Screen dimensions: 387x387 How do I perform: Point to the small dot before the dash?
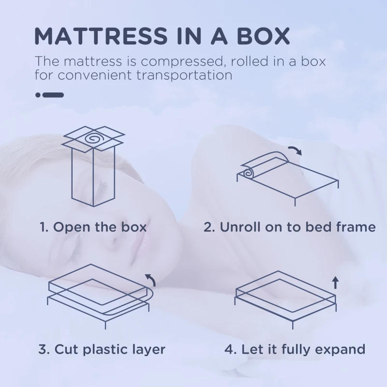38,95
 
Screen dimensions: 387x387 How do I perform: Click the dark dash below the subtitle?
53,95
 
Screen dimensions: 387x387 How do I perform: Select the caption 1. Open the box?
93,227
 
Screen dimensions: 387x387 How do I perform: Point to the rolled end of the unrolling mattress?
248,172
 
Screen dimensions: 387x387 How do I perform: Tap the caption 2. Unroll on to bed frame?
289,227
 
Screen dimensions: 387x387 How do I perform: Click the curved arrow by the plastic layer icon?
150,279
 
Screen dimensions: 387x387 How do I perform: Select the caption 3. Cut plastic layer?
102,349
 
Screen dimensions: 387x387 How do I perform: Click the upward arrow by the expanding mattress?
335,283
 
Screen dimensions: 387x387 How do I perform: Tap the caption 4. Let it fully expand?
295,349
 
